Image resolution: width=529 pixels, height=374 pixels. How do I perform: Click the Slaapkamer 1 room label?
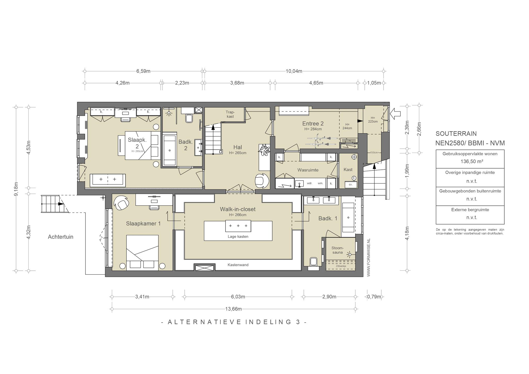coord(143,224)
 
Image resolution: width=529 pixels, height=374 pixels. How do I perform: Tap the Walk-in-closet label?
coord(238,209)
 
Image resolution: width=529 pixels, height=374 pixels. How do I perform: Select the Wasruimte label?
coord(308,170)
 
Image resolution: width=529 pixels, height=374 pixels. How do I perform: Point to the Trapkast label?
coord(230,114)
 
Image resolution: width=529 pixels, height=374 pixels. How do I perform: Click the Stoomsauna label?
coord(337,250)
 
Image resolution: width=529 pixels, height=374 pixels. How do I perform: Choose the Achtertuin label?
coord(61,237)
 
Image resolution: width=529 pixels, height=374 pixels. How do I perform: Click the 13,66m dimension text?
coord(234,309)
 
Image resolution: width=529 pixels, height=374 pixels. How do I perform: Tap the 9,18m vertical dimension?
coord(16,189)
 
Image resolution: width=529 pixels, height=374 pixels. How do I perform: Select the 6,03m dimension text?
coord(238,297)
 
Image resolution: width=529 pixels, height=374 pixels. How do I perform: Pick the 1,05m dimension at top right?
coord(374,83)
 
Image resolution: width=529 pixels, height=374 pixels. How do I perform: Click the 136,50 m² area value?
coord(470,162)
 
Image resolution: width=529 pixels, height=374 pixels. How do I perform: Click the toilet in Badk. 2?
coord(189,119)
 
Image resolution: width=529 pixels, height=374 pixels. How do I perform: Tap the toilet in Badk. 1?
coord(313,262)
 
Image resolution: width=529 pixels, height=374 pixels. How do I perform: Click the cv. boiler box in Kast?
coord(351,184)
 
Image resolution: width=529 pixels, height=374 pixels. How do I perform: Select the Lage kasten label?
coord(238,237)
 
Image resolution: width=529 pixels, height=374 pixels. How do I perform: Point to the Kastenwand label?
coord(238,265)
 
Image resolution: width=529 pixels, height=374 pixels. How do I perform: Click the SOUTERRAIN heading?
coord(456,134)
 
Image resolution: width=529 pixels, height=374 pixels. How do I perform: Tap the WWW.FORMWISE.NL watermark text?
coord(369,258)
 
